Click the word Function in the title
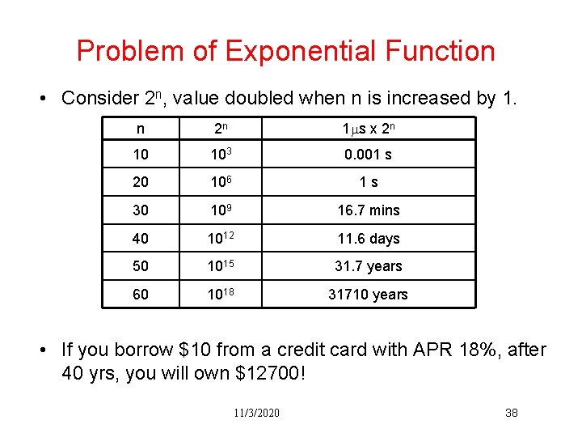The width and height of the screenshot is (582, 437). point(440,51)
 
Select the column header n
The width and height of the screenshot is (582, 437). point(141,127)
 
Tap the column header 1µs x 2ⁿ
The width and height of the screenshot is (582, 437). point(369,127)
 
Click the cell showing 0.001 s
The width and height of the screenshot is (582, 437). point(369,155)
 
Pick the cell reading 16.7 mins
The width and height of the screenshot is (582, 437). point(369,210)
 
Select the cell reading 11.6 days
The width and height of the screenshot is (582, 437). point(369,239)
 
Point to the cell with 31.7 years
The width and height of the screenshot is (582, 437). point(369,266)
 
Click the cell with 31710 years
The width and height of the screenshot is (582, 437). point(369,295)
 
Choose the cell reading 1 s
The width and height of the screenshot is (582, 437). point(369,183)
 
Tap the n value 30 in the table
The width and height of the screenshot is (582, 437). point(141,210)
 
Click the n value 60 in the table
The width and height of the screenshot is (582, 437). point(141,295)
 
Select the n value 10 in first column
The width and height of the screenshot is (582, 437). point(141,155)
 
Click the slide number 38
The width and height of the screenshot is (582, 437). point(511,414)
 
